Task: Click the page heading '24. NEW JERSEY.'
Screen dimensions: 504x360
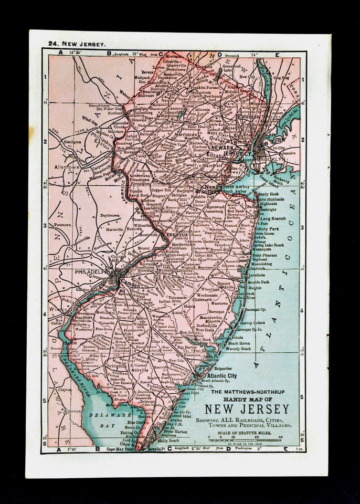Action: click(x=77, y=44)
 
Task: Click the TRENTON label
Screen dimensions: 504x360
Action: click(x=177, y=236)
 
